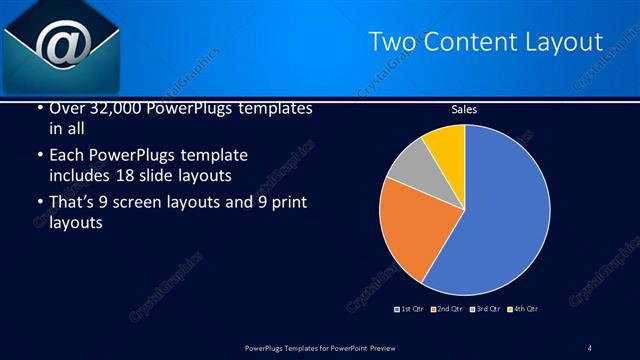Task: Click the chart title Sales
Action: coord(463,110)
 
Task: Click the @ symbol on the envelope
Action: coord(61,44)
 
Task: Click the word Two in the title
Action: coord(393,42)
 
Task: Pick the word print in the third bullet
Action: coord(286,203)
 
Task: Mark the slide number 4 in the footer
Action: coord(590,348)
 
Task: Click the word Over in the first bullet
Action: coord(66,108)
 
